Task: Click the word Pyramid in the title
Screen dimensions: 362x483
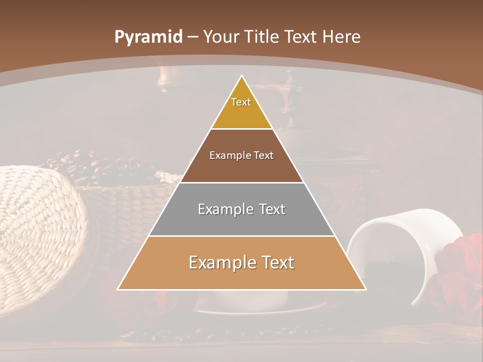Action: (x=148, y=37)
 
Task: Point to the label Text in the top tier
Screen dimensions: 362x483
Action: (x=241, y=102)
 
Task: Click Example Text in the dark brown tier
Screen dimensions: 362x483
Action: (x=242, y=155)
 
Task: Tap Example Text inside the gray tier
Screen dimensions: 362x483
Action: (x=242, y=209)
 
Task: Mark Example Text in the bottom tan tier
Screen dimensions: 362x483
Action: (x=242, y=262)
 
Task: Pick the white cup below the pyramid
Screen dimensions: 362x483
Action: (x=252, y=300)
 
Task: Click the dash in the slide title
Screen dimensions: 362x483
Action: (x=193, y=37)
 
